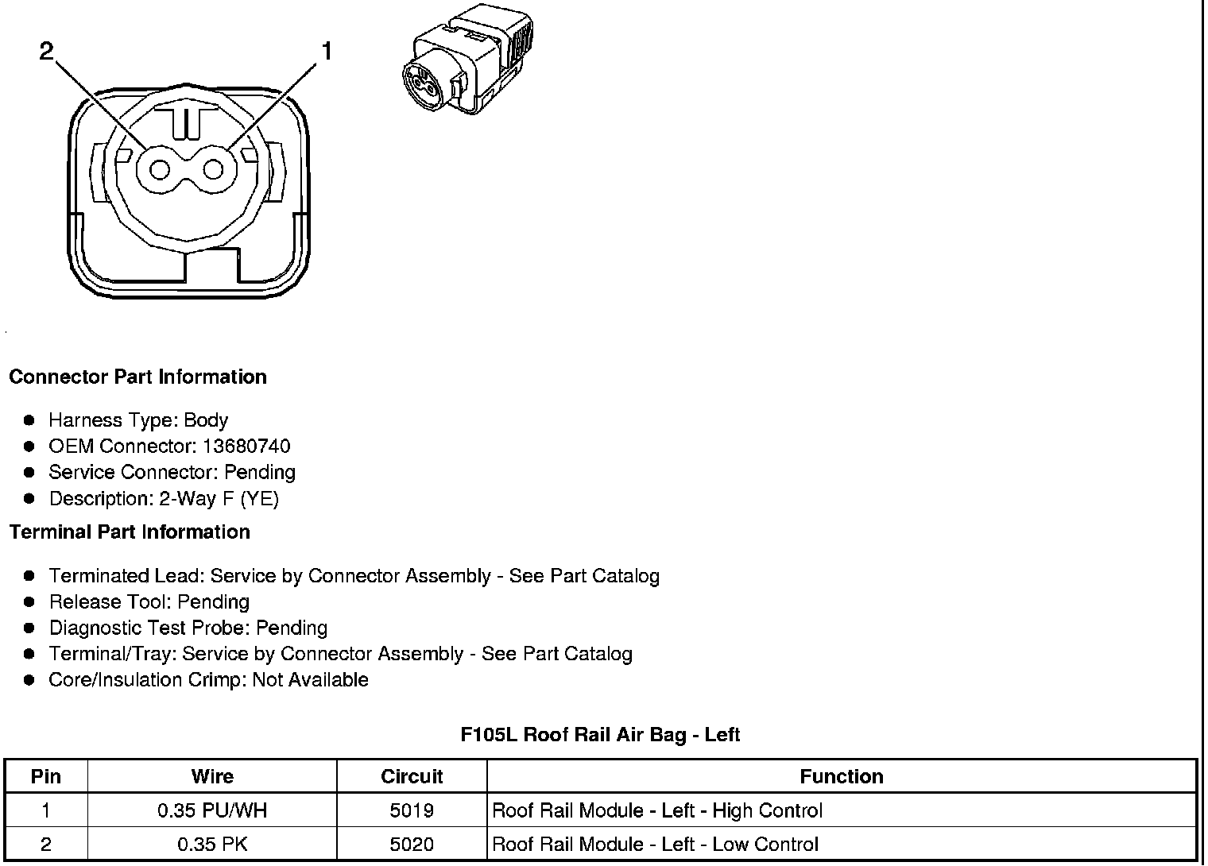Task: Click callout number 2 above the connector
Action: coord(47,52)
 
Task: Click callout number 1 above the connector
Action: coord(325,52)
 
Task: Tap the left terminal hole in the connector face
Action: coord(160,169)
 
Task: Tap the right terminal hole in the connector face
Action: coord(213,169)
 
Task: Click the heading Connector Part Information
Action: coord(137,377)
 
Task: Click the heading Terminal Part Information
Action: coord(130,532)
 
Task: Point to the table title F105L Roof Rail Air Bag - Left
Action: coord(600,734)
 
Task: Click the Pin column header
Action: coord(46,776)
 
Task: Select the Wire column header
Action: coord(212,776)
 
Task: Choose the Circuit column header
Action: coord(412,776)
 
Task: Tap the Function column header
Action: coord(841,776)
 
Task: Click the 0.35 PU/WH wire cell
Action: coord(212,810)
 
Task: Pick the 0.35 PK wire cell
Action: coord(212,844)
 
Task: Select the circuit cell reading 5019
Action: coord(412,810)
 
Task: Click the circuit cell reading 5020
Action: coord(412,844)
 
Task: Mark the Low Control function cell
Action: coord(656,844)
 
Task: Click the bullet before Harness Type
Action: coord(29,420)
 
